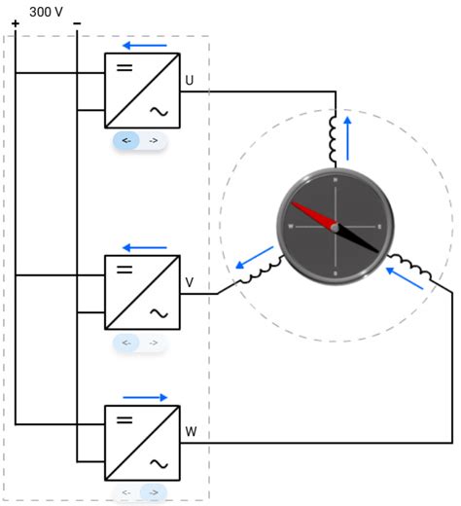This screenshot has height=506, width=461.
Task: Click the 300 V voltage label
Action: click(48, 11)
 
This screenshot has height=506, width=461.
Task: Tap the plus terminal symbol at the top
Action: click(15, 24)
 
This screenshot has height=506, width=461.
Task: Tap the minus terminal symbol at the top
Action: click(77, 23)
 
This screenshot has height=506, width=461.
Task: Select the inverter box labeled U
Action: click(142, 90)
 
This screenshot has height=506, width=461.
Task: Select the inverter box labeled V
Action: click(142, 292)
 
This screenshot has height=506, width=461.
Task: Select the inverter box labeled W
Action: click(142, 443)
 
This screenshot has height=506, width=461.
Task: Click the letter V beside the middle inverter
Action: click(190, 282)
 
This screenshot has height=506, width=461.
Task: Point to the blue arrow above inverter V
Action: click(144, 247)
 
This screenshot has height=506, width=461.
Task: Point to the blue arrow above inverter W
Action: click(144, 398)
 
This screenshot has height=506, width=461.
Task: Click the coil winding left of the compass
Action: click(260, 274)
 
